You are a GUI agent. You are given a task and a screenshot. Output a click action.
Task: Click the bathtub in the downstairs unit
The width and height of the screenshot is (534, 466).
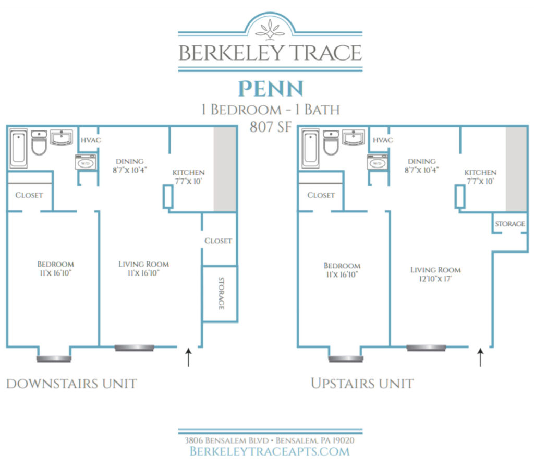(x=19, y=148)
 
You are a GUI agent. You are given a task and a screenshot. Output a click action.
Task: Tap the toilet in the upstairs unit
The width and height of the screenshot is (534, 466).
(x=331, y=144)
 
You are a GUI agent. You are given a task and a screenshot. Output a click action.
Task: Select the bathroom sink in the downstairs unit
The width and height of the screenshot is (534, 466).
(x=62, y=138)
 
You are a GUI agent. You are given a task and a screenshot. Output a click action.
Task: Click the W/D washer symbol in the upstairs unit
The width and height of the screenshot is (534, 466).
(x=377, y=163)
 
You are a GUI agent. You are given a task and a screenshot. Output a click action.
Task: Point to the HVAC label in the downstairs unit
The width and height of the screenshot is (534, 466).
(x=90, y=140)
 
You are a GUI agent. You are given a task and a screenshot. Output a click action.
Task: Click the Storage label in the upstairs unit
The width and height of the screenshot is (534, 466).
(x=509, y=224)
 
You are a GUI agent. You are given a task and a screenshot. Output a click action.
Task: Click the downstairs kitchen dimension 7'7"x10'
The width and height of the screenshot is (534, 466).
(x=189, y=182)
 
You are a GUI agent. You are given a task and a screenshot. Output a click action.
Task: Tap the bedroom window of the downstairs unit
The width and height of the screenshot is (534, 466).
(x=54, y=359)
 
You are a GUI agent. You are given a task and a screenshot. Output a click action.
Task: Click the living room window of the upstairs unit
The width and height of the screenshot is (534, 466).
(x=426, y=348)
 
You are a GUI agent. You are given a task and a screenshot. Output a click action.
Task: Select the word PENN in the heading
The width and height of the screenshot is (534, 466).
(x=270, y=89)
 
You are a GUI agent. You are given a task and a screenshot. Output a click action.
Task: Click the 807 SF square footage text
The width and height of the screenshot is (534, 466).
(x=270, y=127)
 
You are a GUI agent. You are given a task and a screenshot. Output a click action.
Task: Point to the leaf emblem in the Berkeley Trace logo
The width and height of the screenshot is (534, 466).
(x=270, y=28)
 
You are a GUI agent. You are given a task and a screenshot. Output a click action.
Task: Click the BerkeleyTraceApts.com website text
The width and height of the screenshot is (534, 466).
(x=270, y=451)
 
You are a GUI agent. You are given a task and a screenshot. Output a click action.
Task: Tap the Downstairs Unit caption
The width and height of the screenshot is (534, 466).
(x=71, y=384)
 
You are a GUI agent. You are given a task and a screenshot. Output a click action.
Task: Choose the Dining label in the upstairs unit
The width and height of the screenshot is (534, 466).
(x=421, y=161)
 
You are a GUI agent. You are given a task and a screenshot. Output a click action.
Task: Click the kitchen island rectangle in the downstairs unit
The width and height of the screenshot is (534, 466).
(x=168, y=197)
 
